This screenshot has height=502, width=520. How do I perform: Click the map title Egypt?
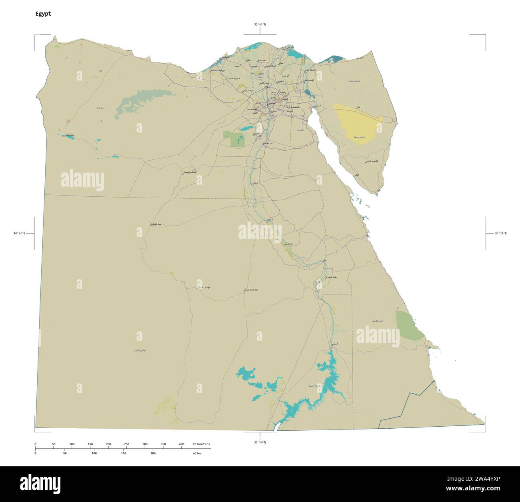click(x=43, y=14)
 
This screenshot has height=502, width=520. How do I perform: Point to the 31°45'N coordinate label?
click(x=260, y=24)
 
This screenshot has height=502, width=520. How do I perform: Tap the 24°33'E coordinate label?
click(x=19, y=233)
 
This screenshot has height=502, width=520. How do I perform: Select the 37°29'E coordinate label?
click(x=500, y=233)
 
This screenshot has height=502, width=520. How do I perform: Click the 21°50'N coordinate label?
click(x=260, y=442)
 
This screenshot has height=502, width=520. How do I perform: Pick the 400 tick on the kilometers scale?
click(x=181, y=444)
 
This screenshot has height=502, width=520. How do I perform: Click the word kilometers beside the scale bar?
click(x=201, y=444)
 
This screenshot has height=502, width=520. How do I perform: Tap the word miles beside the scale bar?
click(x=197, y=454)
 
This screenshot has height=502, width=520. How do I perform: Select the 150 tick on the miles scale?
click(x=123, y=454)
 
